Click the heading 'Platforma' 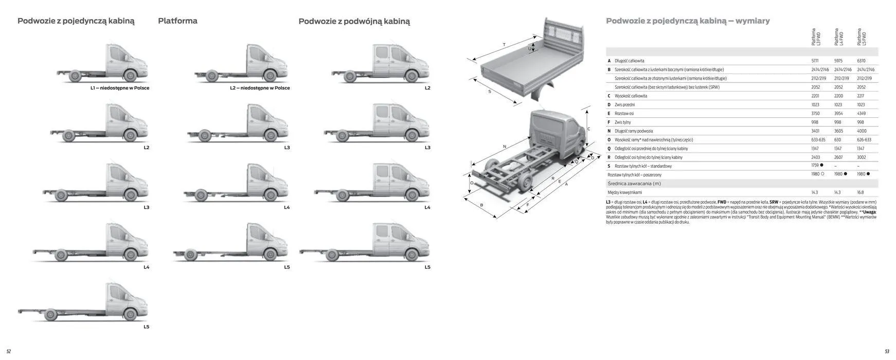(x=177, y=21)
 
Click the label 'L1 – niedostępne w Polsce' (x=120, y=88)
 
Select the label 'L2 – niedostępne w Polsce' (x=260, y=88)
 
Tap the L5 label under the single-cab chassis (x=146, y=327)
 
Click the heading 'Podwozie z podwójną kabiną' (x=354, y=22)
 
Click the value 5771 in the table (x=815, y=61)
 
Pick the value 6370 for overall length (x=861, y=61)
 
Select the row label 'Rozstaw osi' (x=624, y=113)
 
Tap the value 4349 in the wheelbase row (x=861, y=113)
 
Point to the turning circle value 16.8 (x=860, y=192)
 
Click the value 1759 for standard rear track (x=815, y=166)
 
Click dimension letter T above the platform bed (x=504, y=45)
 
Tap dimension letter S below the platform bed (x=490, y=92)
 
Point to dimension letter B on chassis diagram (x=481, y=205)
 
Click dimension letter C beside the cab (x=588, y=129)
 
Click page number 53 (x=887, y=352)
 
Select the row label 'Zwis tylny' (x=622, y=122)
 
